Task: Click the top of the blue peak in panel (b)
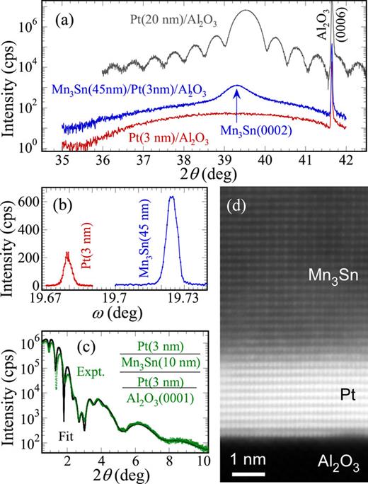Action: tap(171, 197)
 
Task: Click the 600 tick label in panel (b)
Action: tap(33, 200)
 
